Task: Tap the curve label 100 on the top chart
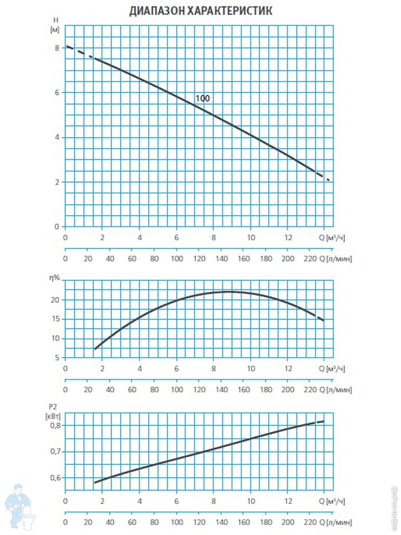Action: [x=203, y=99]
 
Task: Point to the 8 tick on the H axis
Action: [x=57, y=48]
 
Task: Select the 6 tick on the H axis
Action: [x=57, y=92]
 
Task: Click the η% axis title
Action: [x=54, y=277]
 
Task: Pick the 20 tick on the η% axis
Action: [x=55, y=300]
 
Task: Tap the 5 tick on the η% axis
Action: [x=57, y=358]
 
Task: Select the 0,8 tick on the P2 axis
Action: [x=54, y=425]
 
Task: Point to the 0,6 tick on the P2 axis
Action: [x=54, y=478]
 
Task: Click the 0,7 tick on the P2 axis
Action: [x=54, y=452]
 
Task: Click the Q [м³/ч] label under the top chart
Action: [x=332, y=238]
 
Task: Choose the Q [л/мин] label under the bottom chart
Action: [x=336, y=522]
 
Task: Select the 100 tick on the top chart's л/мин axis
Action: [x=177, y=259]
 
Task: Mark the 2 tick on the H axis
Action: [x=57, y=182]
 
